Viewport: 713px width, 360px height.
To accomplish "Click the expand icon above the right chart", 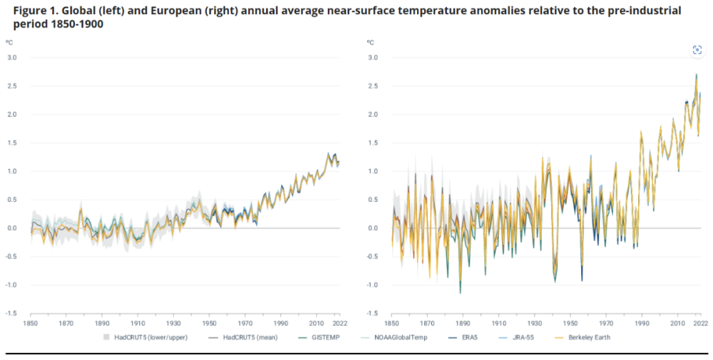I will [x=697, y=49].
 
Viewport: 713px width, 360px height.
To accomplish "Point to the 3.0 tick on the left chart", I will [x=12, y=58].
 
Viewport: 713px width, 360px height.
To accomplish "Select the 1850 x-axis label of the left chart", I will [x=31, y=323].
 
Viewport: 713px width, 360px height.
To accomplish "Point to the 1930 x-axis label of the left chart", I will [x=173, y=323].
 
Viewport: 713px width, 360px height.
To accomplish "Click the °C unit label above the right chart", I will [x=371, y=42].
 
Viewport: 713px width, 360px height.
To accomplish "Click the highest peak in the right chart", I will [x=696, y=74].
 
